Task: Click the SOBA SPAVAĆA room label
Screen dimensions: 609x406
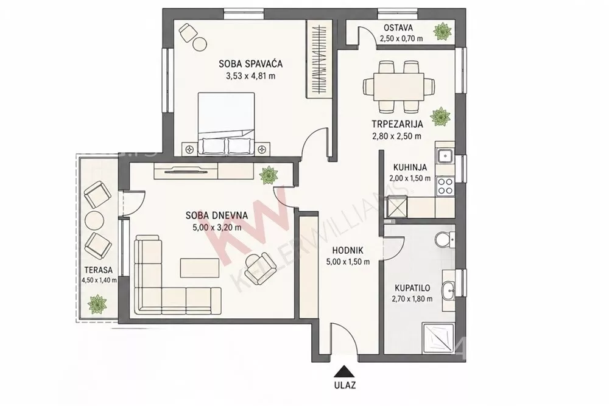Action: click(x=250, y=64)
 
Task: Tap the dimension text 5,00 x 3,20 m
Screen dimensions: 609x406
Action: click(x=217, y=228)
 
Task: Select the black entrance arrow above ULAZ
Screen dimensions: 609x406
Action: click(x=343, y=371)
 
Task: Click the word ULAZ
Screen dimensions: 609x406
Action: click(x=344, y=386)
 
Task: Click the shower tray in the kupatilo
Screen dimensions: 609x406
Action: click(x=438, y=338)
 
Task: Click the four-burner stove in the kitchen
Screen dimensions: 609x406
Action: click(x=445, y=186)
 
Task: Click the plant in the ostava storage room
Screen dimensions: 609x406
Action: click(x=442, y=31)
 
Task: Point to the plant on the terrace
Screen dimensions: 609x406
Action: click(x=97, y=304)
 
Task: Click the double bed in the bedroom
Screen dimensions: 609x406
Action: click(x=227, y=124)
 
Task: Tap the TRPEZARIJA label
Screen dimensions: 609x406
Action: click(x=397, y=125)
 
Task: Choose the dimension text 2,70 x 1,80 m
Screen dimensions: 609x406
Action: click(x=412, y=299)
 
